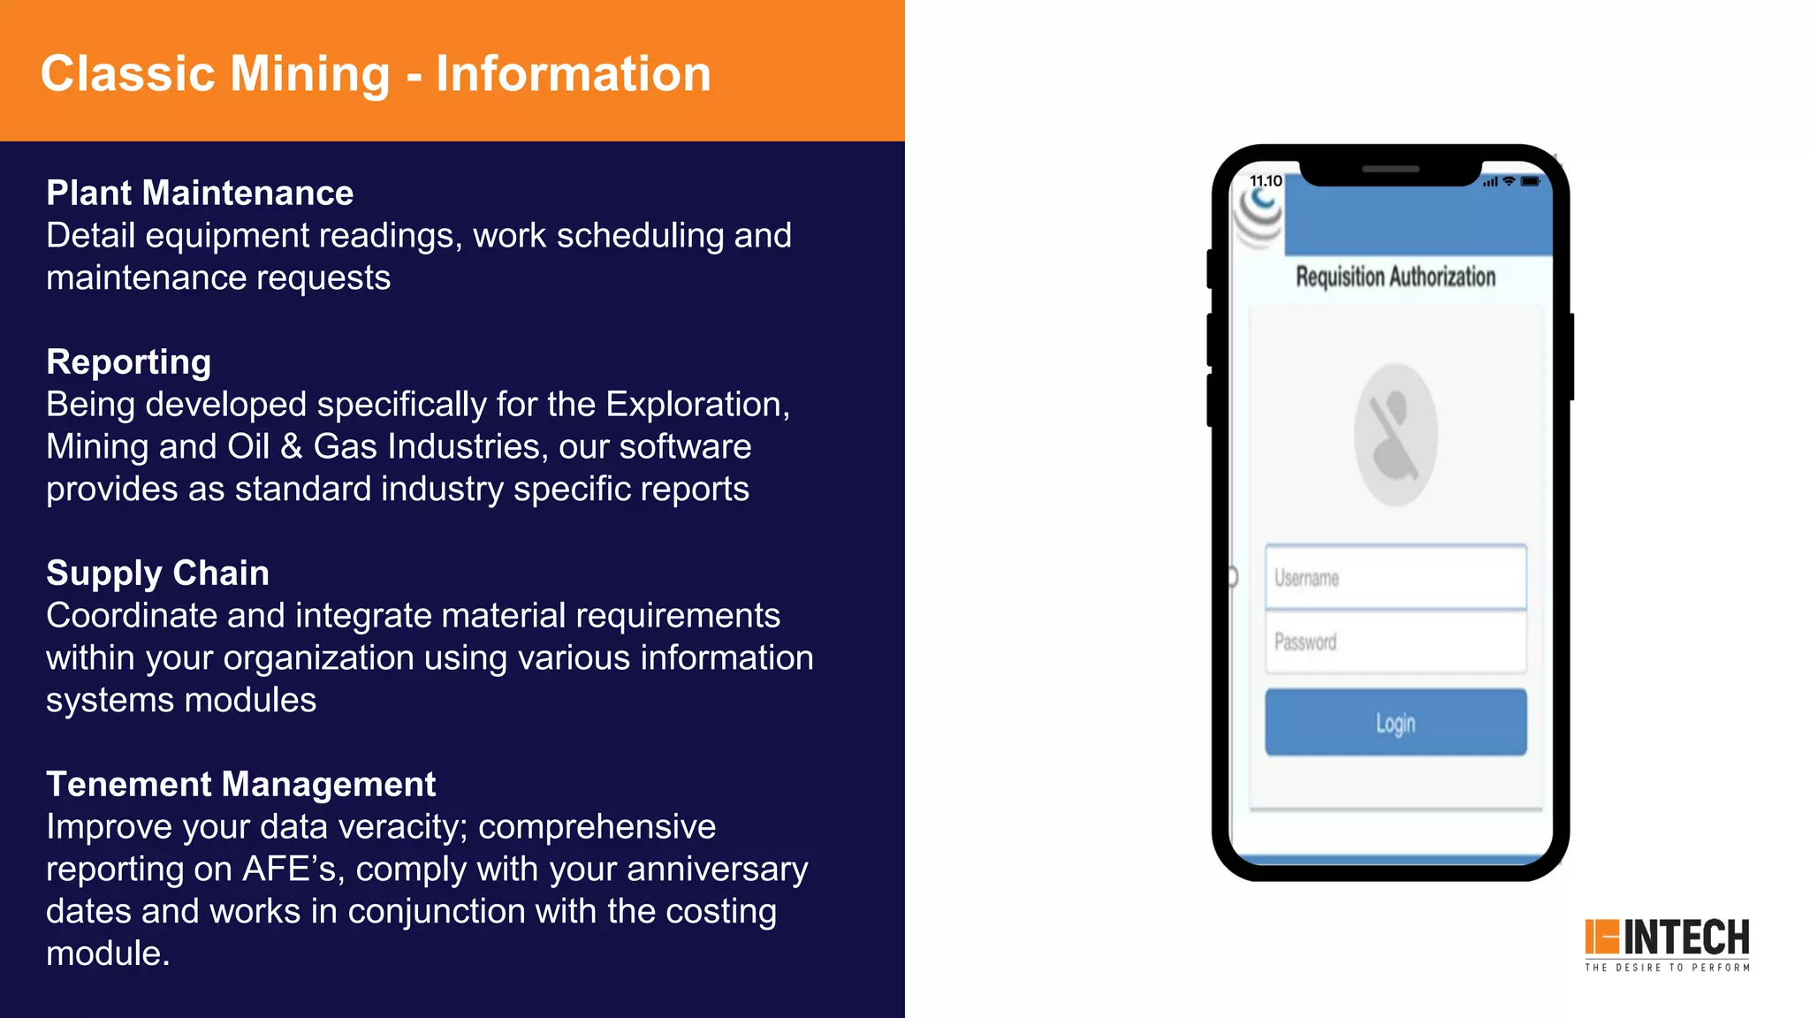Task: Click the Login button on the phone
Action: pyautogui.click(x=1396, y=722)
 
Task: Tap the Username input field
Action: pyautogui.click(x=1396, y=578)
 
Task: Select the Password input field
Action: pyautogui.click(x=1396, y=642)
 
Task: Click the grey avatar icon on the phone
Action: pyautogui.click(x=1396, y=435)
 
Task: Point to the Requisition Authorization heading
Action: pyautogui.click(x=1396, y=277)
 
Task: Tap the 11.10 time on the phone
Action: pyautogui.click(x=1266, y=181)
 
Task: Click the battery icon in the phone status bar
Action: pyautogui.click(x=1531, y=181)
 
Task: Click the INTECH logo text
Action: pyautogui.click(x=1686, y=938)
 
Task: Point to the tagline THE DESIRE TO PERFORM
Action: pyautogui.click(x=1667, y=968)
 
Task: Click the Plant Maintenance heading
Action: pyautogui.click(x=200, y=193)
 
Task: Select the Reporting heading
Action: pyautogui.click(x=129, y=361)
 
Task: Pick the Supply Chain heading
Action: pyautogui.click(x=157, y=573)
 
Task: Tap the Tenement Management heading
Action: pyautogui.click(x=241, y=784)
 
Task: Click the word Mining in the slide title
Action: pyautogui.click(x=309, y=73)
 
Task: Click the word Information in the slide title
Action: pyautogui.click(x=573, y=73)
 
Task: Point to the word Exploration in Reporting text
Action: pyautogui.click(x=696, y=404)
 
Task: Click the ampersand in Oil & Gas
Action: pyautogui.click(x=291, y=446)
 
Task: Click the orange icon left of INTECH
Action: pyautogui.click(x=1601, y=937)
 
